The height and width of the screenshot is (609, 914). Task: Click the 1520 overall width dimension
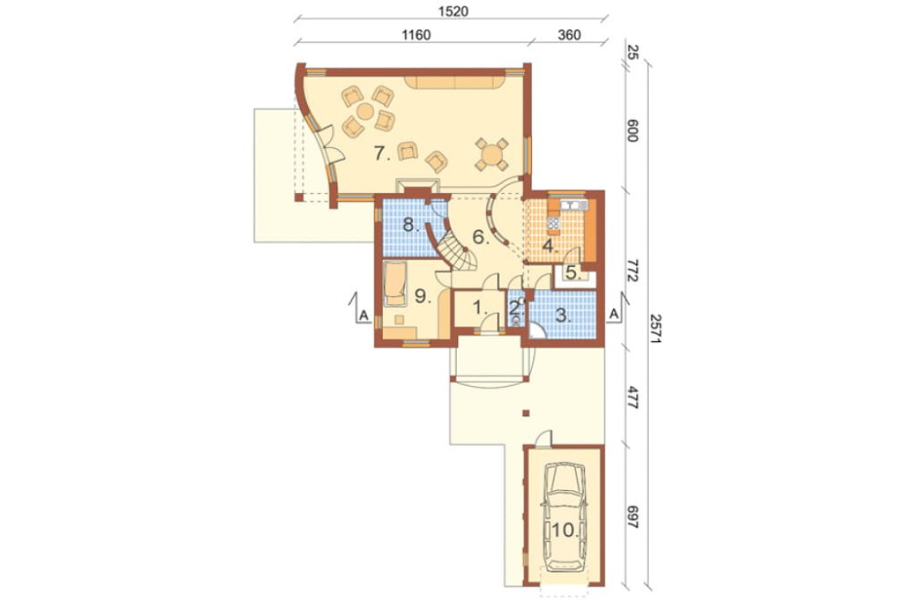[453, 11]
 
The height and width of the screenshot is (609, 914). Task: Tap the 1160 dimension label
[416, 35]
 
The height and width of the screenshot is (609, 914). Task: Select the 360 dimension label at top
[569, 35]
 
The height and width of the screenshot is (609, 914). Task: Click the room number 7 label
[381, 154]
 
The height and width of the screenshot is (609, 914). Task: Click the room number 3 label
[562, 315]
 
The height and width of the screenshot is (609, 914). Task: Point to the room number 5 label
[572, 272]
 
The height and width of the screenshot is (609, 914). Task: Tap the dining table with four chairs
[492, 155]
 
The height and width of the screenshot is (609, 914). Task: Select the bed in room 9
[396, 284]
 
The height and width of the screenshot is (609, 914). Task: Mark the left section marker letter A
[364, 315]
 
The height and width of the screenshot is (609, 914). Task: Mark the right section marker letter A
[613, 315]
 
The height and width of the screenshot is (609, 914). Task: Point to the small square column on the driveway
[526, 413]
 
